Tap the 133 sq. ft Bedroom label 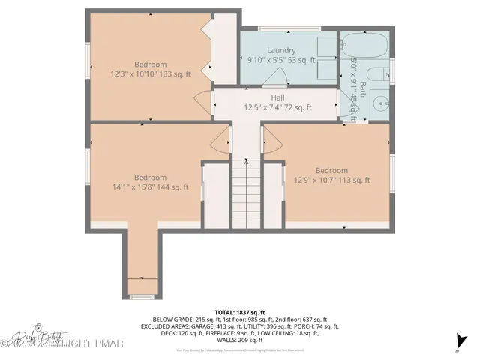pos(150,64)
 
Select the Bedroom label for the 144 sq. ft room pos(150,178)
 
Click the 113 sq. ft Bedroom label pos(331,170)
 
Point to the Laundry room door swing pos(274,76)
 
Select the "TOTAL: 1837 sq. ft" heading pos(240,311)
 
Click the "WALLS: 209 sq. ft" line pos(240,340)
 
